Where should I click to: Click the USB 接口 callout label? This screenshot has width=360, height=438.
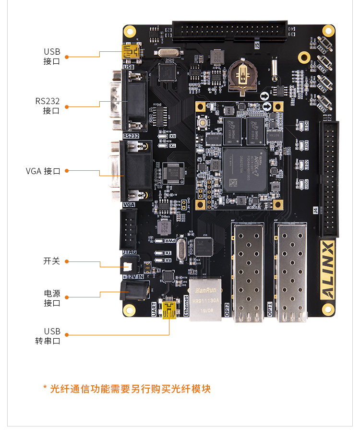pos(52,57)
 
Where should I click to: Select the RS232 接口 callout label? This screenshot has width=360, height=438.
pos(48,106)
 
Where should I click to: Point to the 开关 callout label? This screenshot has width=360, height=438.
pos(51,261)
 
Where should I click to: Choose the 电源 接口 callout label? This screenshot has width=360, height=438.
pos(52,298)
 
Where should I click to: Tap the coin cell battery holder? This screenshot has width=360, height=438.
pos(243,75)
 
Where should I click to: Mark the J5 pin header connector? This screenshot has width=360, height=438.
pos(229,31)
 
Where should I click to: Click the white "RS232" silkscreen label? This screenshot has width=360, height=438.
pos(131,136)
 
